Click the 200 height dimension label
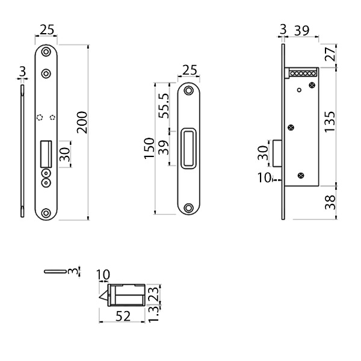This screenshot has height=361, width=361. [x=82, y=123]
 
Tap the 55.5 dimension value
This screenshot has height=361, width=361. [x=164, y=106]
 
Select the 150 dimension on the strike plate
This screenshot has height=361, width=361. [x=149, y=148]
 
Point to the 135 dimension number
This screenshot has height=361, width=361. [x=330, y=122]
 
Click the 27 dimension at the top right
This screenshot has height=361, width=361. [x=330, y=54]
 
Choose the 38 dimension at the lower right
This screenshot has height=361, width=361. [x=330, y=202]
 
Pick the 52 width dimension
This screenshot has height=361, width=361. [x=123, y=316]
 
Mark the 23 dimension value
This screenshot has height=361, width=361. [x=154, y=294]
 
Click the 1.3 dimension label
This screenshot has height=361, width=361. [x=153, y=314]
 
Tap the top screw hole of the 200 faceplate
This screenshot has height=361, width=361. [x=46, y=52]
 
